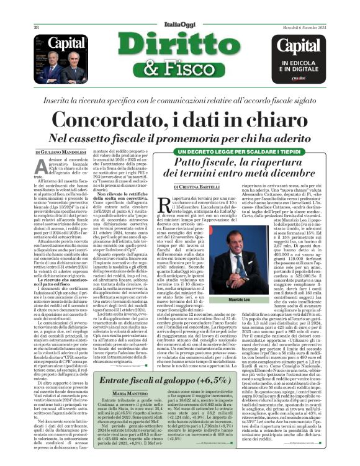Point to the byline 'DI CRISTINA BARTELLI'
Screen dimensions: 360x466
point(197,187)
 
